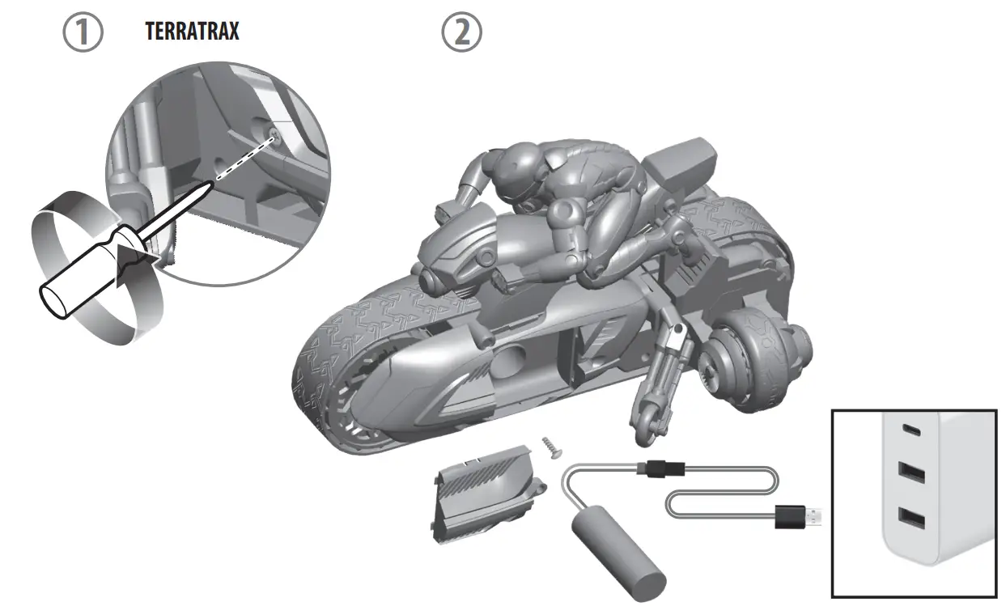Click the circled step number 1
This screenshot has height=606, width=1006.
pos(83,32)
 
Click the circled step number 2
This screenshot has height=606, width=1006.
pos(461,32)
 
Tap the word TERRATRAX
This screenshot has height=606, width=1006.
pos(193,32)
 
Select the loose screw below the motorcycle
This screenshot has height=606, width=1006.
pos(552,447)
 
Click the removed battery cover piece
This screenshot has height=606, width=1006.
pos(489,494)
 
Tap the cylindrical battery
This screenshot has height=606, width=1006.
pos(618,553)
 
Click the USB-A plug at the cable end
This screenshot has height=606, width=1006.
pos(798,516)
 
